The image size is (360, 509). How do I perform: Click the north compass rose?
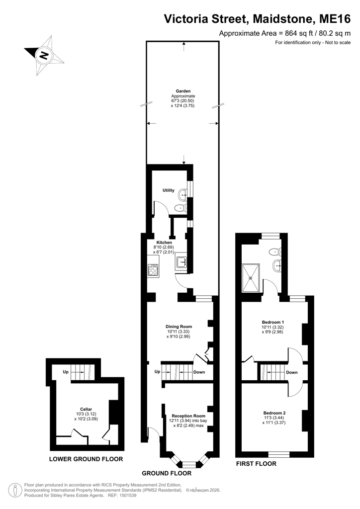(44, 56)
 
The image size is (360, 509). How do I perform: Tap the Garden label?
(183, 91)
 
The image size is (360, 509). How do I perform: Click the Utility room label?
(169, 190)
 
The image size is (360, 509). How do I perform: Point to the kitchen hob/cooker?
(153, 270)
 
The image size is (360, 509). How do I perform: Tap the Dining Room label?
(179, 327)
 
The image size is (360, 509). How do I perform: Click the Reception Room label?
(188, 416)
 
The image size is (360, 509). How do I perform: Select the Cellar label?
(86, 410)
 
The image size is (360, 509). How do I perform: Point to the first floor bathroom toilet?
(276, 251)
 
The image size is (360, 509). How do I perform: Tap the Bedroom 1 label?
(273, 322)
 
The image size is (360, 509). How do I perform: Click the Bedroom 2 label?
(274, 413)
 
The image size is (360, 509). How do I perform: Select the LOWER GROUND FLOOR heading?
(86, 459)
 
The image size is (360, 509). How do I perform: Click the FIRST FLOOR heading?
(256, 464)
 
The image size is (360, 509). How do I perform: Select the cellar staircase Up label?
(66, 372)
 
